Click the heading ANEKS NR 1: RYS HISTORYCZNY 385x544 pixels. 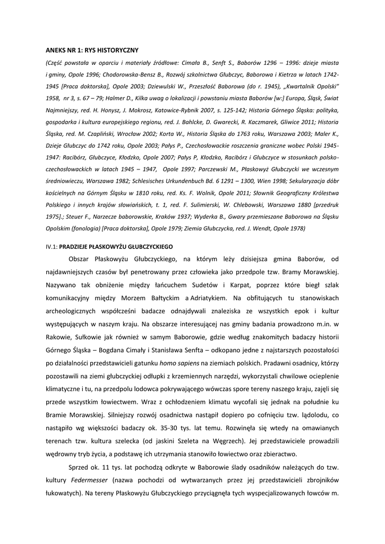(x=91, y=50)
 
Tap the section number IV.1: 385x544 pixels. (x=52, y=247)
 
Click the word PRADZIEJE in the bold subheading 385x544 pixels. (x=75, y=247)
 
